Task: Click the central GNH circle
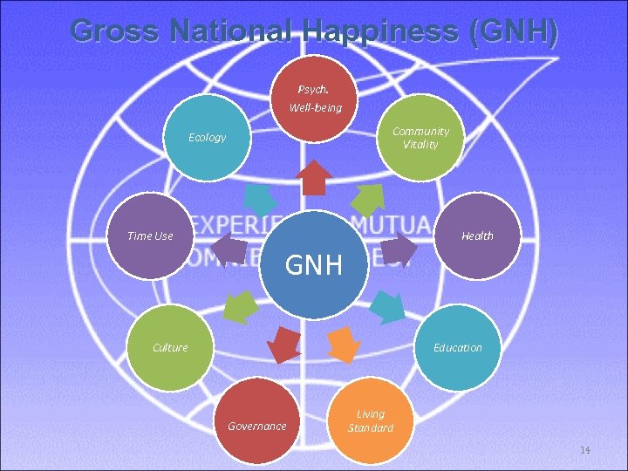(314, 263)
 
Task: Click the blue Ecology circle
(207, 138)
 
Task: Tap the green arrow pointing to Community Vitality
(369, 198)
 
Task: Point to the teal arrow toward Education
(386, 306)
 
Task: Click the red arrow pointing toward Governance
(284, 345)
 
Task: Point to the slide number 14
(585, 450)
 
